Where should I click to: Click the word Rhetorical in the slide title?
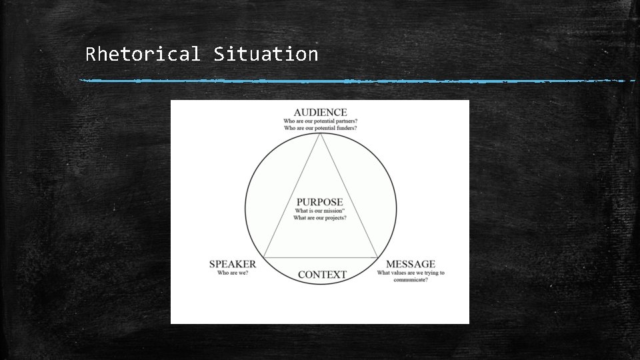[142, 54]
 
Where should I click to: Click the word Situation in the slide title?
[266, 54]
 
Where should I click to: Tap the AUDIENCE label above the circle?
[320, 112]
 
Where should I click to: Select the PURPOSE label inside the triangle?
[320, 201]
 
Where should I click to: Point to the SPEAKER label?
[233, 264]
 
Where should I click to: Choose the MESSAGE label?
[411, 264]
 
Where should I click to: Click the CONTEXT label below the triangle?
[322, 275]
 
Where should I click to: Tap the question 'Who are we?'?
[233, 273]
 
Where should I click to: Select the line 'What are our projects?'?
[320, 218]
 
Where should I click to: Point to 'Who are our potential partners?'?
[320, 121]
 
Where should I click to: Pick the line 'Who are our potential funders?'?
[320, 128]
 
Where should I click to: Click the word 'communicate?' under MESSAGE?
[411, 280]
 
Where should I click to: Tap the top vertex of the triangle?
[321, 134]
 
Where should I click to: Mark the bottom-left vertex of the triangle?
[264, 257]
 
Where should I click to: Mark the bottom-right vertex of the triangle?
[377, 257]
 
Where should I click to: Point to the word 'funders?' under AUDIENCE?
[344, 128]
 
